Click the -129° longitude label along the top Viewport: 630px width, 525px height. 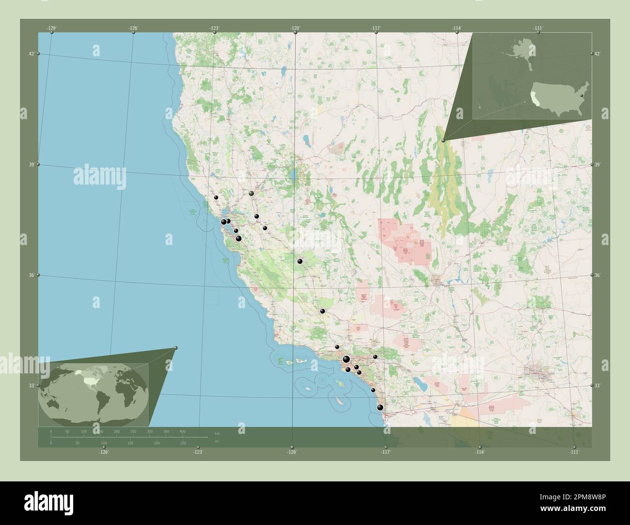(x=52, y=29)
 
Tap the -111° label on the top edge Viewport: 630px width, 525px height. (x=538, y=29)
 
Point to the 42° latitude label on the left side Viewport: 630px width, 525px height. (x=31, y=54)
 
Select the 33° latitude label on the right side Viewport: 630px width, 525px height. (x=598, y=386)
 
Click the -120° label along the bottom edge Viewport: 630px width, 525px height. (x=292, y=452)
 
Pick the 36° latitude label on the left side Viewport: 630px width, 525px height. (x=31, y=276)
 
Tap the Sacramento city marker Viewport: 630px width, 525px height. (x=251, y=193)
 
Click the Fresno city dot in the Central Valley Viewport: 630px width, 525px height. (x=300, y=262)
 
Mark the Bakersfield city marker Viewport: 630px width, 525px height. (x=322, y=311)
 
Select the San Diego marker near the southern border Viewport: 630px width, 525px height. (x=380, y=407)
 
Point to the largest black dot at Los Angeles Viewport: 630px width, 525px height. (x=346, y=359)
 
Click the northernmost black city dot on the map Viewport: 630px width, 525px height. (x=216, y=198)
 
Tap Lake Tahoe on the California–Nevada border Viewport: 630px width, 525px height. (x=293, y=175)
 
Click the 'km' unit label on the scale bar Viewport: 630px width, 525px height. (x=217, y=432)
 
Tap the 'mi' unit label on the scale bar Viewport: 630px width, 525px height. (x=217, y=441)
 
